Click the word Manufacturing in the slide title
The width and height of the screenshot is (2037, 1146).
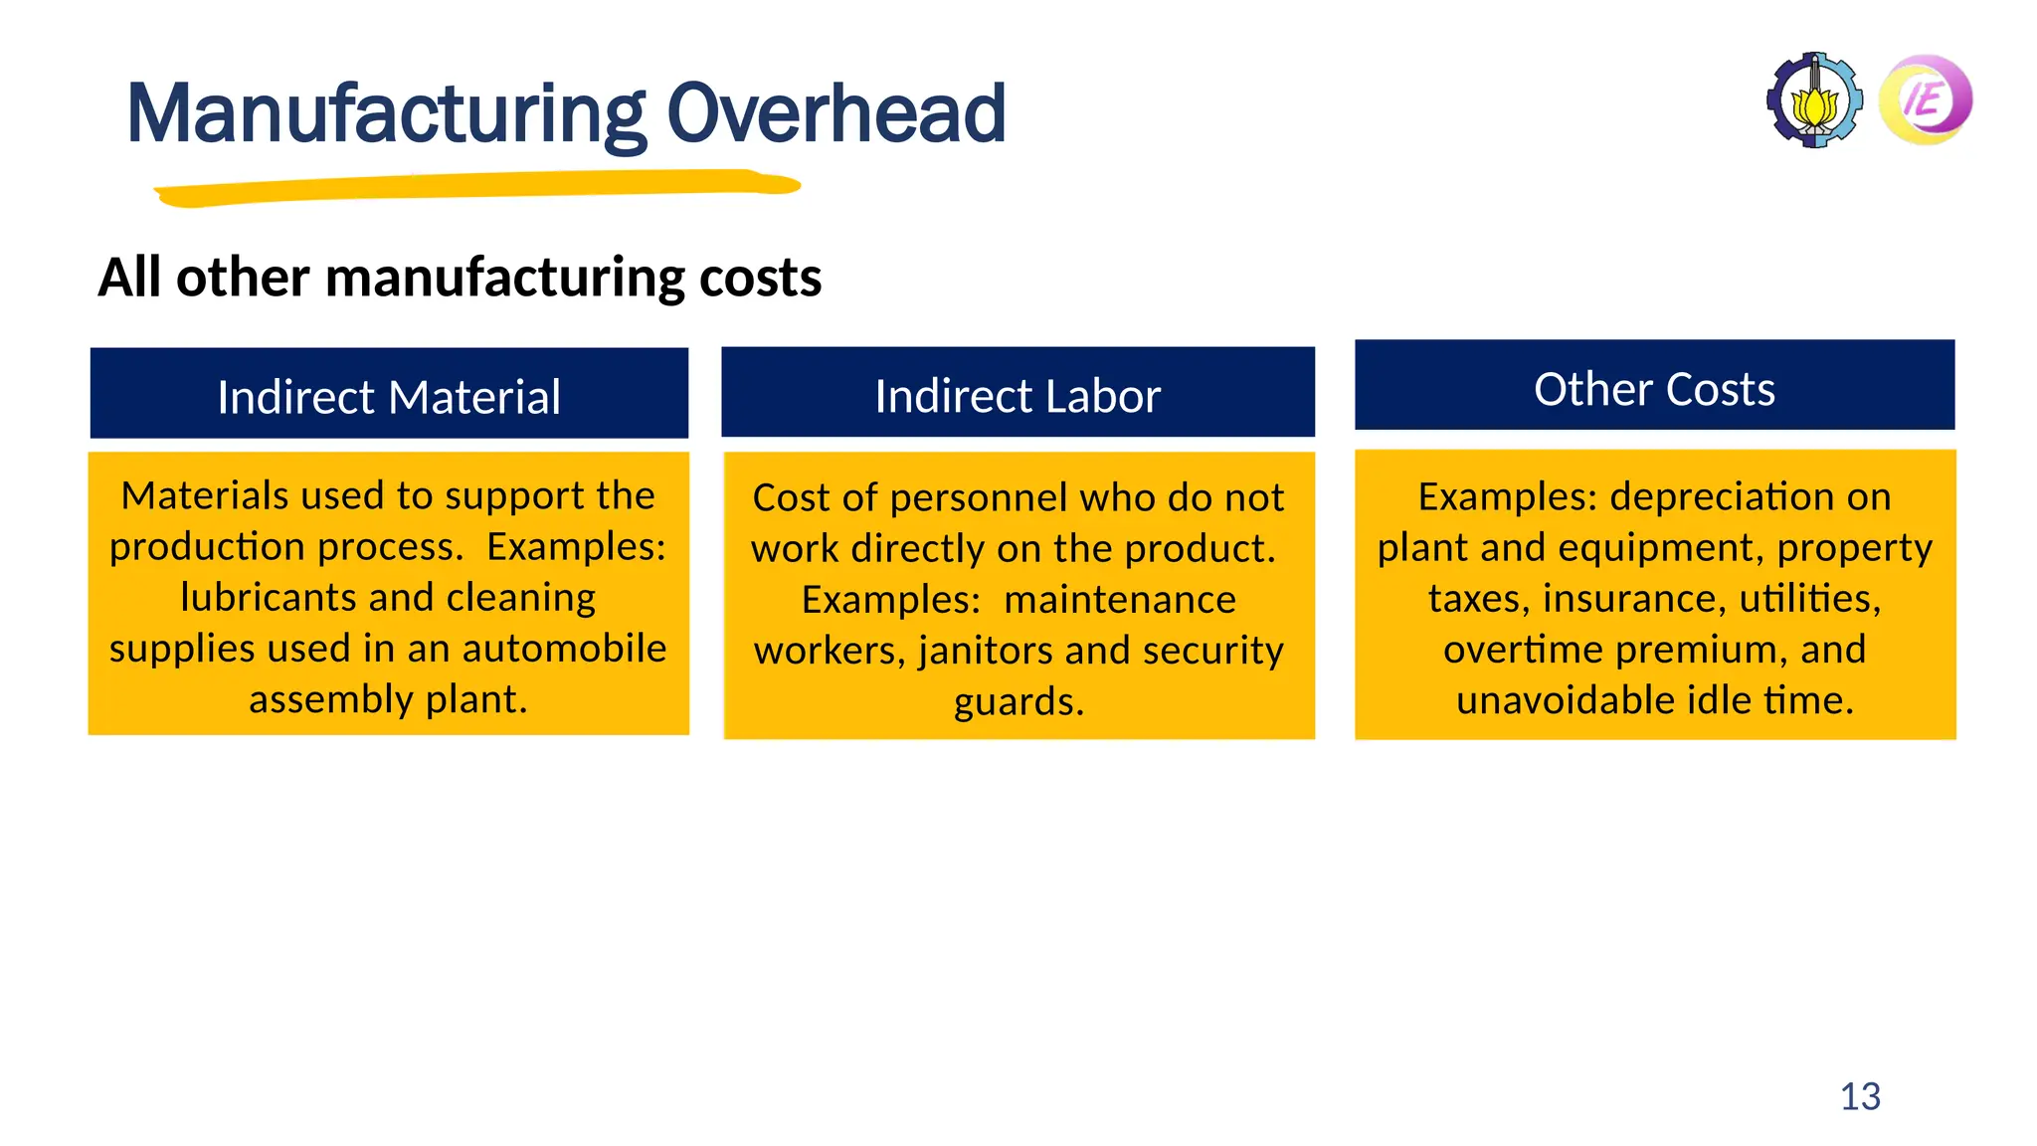pyautogui.click(x=386, y=114)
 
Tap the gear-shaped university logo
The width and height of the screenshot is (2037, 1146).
pyautogui.click(x=1814, y=100)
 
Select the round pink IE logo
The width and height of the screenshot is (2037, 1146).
pyautogui.click(x=1926, y=100)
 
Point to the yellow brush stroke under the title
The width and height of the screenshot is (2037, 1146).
pyautogui.click(x=477, y=187)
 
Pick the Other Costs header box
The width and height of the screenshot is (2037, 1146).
pyautogui.click(x=1654, y=386)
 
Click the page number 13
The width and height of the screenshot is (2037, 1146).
pyautogui.click(x=1860, y=1096)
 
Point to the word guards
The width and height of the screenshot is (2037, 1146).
pyautogui.click(x=1017, y=701)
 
